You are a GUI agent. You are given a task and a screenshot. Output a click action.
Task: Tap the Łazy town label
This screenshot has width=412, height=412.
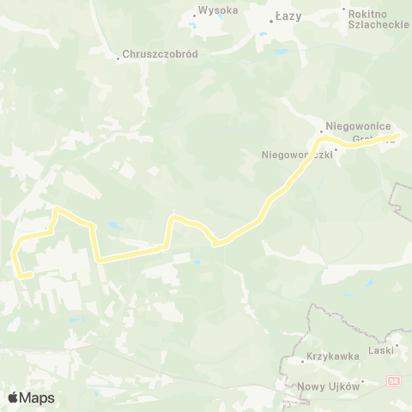pos(288,16)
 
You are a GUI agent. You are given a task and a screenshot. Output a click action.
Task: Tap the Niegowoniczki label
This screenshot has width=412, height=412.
pos(296,155)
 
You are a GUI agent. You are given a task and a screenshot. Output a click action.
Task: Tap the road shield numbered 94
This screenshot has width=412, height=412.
pos(393,380)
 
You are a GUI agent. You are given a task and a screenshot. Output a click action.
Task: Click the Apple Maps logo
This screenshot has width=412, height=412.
pos(31,397)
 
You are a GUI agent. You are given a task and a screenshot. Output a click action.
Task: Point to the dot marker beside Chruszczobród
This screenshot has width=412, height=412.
pos(118,58)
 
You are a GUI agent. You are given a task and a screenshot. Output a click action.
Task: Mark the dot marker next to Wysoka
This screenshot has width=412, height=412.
pos(192,12)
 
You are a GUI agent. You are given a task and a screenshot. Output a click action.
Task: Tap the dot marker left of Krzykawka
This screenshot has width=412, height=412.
pos(303,360)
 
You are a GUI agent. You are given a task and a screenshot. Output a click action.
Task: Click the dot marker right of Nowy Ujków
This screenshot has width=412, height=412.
pos(363,381)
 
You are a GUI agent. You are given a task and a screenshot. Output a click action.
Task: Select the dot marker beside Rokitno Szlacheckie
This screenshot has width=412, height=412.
pos(344,10)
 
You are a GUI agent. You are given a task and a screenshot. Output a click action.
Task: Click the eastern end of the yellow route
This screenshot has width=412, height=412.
pos(397,136)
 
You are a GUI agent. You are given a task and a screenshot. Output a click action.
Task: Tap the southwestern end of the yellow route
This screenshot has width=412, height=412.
pos(30,276)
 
